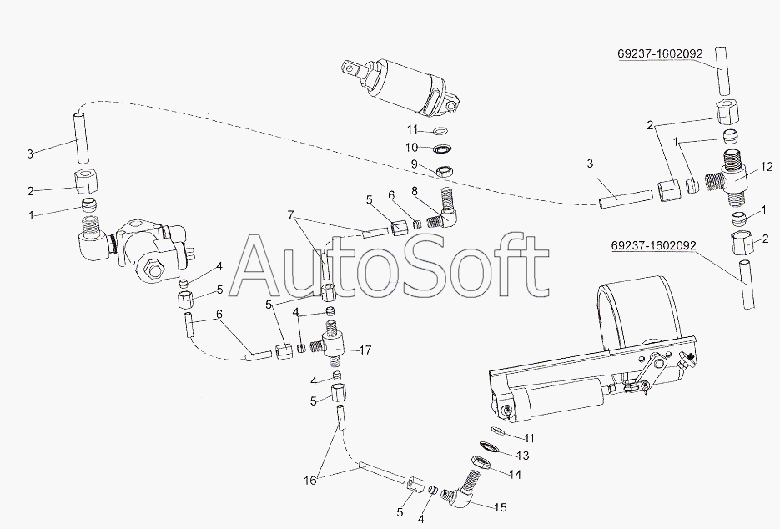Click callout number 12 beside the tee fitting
coord(767,167)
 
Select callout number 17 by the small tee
coord(365,350)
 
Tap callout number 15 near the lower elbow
coord(501,507)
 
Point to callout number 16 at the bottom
coord(309,481)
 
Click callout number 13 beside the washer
coord(523,456)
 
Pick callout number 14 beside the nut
coord(516,475)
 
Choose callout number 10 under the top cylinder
coord(412,148)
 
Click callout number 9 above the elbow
coord(414,164)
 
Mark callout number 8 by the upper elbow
coord(415,191)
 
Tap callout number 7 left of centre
coord(290,215)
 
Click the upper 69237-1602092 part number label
coord(661,53)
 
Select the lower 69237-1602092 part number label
coord(654,246)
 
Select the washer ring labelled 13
coord(489,446)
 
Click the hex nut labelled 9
coord(444,172)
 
